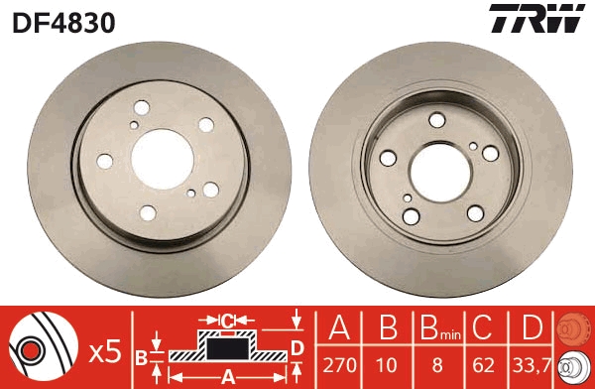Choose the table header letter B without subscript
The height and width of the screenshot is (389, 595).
(x=386, y=327)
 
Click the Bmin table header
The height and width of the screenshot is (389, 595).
(x=436, y=328)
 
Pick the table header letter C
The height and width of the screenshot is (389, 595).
(x=484, y=327)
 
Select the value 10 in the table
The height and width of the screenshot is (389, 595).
(x=386, y=365)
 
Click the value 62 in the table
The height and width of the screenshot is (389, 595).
(x=484, y=365)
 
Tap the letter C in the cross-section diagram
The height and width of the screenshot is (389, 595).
(x=226, y=321)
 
